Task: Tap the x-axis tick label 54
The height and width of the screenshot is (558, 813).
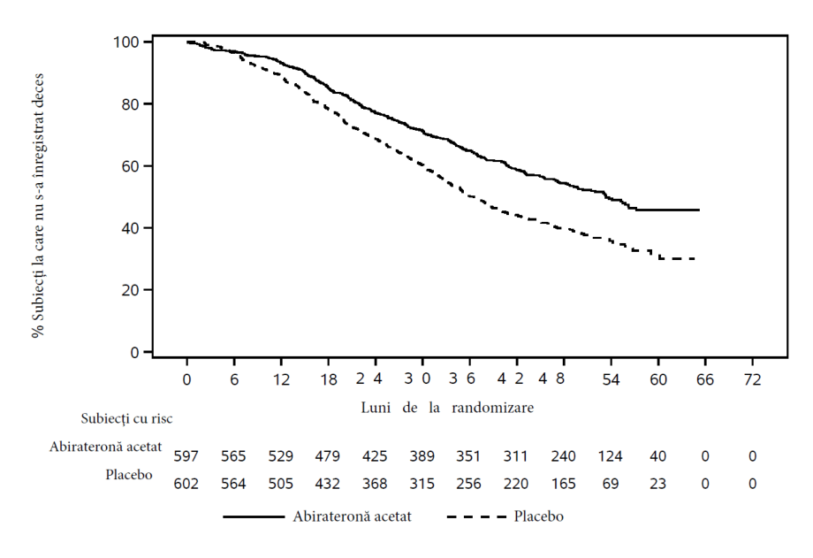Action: [x=611, y=380]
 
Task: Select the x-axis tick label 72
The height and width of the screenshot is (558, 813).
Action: [x=752, y=380]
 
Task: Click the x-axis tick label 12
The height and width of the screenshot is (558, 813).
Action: [x=281, y=380]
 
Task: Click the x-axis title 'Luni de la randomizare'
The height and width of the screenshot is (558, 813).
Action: [x=447, y=408]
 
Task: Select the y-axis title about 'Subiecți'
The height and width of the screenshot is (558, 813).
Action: [x=38, y=205]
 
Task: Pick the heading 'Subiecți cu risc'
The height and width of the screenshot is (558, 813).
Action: [x=126, y=418]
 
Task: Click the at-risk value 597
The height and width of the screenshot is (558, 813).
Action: [x=186, y=456]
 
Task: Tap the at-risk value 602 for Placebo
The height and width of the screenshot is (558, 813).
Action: [x=186, y=484]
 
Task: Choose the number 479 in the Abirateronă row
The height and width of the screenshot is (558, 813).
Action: [x=327, y=456]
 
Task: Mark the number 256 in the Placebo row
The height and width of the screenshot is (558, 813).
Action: [x=468, y=484]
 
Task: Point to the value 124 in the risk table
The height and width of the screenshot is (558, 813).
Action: [x=610, y=456]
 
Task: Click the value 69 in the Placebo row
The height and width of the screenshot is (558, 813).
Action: [x=611, y=484]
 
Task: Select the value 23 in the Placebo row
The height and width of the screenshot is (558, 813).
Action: [x=657, y=484]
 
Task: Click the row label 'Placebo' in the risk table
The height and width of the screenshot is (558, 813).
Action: [x=129, y=474]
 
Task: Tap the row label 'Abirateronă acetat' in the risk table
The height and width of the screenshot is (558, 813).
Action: [x=106, y=447]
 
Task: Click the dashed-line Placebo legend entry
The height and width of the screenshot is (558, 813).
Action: [x=505, y=516]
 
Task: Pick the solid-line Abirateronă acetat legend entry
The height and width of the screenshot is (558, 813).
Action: [x=317, y=516]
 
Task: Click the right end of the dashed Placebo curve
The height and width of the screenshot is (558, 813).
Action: [x=695, y=258]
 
